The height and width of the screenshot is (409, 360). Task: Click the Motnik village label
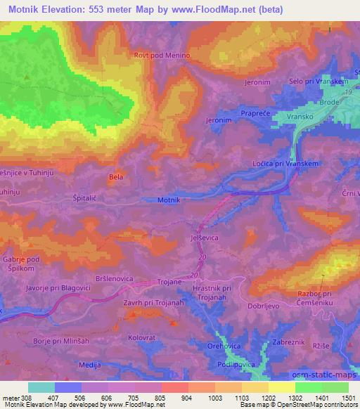(169, 200)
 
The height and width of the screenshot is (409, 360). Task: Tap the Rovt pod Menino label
(162, 55)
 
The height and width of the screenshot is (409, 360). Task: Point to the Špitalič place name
(77, 198)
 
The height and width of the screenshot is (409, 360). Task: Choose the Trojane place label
(169, 282)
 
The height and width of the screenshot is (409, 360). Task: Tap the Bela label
(116, 176)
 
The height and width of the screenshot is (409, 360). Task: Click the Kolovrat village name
(141, 337)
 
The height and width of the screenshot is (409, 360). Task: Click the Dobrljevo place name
(264, 306)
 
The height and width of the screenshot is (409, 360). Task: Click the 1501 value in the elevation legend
(348, 397)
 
